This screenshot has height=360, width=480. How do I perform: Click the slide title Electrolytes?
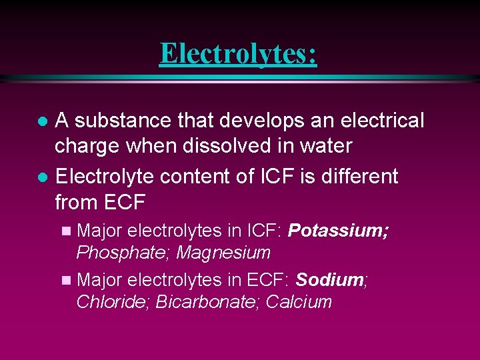tap(238, 53)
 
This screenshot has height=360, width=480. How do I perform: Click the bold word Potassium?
tap(339, 231)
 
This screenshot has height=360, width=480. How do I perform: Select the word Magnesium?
tap(223, 253)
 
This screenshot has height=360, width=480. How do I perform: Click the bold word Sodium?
tap(329, 280)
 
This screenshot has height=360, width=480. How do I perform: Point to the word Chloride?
tap(113, 302)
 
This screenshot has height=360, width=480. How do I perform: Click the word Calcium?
tap(299, 302)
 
